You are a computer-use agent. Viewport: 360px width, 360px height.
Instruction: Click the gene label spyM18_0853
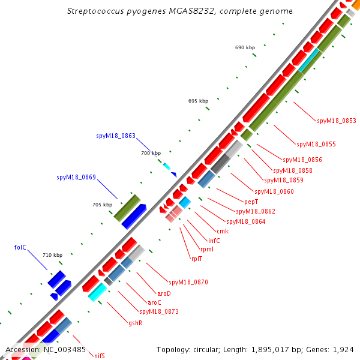pos(336,121)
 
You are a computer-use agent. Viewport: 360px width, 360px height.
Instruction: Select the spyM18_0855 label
pos(316,144)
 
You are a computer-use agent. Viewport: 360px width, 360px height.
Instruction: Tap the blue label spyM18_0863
pos(116,136)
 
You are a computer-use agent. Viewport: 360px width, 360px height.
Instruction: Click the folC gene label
pos(20,247)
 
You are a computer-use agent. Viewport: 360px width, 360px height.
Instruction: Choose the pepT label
pos(251,202)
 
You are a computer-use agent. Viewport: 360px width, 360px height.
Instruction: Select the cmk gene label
pos(223,231)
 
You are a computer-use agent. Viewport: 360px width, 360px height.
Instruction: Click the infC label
pos(214,241)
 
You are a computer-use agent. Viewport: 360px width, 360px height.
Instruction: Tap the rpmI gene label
pos(206,250)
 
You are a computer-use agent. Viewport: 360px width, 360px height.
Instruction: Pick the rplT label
pos(197,259)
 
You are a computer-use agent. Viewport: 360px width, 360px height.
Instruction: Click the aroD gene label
pos(164,293)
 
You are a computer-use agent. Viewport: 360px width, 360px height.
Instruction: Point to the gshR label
pos(135,323)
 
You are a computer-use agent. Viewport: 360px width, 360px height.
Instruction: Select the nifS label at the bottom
pos(100,356)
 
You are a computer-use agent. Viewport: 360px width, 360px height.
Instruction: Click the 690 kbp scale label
pos(245,47)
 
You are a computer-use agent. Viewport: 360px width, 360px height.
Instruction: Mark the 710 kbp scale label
pos(52,255)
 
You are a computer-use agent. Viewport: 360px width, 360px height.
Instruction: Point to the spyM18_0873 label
pos(158,311)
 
